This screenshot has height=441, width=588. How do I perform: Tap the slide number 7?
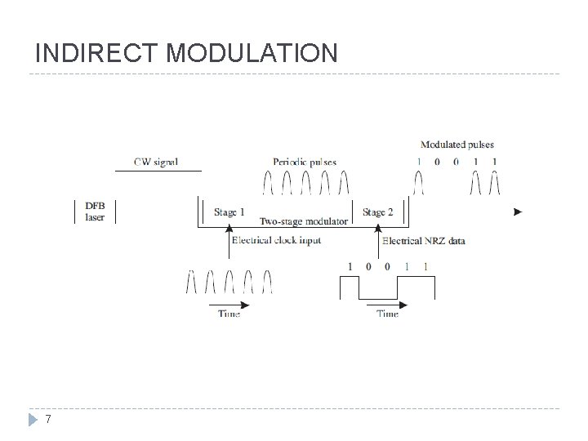48,420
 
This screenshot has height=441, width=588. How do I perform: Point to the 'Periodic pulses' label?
304,162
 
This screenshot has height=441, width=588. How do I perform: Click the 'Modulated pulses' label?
457,145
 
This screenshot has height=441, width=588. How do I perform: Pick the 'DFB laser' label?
95,212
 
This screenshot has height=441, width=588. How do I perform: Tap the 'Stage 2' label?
378,212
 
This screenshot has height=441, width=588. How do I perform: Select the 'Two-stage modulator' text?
304,221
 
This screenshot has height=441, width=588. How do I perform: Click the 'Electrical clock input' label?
276,240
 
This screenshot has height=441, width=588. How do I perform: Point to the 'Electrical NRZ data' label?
424,240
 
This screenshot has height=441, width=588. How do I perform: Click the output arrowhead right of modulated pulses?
518,212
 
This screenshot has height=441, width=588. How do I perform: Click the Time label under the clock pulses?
229,314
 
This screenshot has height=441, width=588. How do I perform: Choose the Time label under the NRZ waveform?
387,314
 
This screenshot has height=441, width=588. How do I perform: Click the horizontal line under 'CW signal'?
156,171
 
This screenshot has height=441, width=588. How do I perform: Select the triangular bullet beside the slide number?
32,420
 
